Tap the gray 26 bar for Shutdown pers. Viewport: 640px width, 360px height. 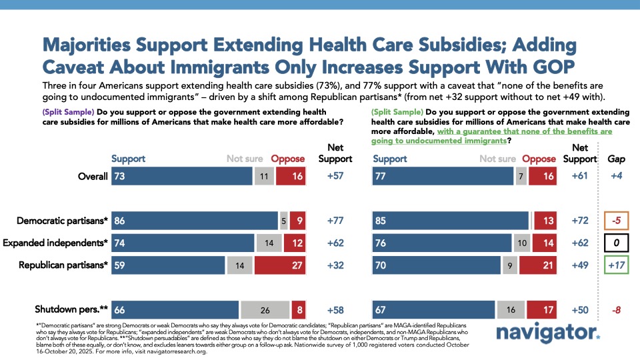click(265, 310)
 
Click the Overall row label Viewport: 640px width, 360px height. click(92, 177)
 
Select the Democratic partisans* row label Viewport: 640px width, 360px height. click(64, 220)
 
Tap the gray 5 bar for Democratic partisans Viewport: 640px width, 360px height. click(283, 220)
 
